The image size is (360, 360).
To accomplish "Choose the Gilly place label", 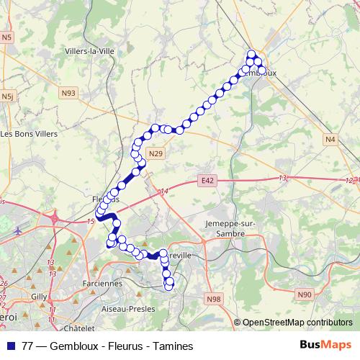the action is (39, 297).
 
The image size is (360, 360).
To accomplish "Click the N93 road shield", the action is (68, 93).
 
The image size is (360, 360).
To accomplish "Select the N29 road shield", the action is (156, 153).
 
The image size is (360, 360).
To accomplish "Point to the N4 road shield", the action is (330, 139).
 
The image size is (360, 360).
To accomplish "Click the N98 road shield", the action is (213, 297).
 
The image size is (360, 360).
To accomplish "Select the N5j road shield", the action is (7, 96).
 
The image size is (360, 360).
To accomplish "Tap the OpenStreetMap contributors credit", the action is (297, 323).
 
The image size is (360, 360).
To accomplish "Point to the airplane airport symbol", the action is (18, 232).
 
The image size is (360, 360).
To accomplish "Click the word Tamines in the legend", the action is (176, 346).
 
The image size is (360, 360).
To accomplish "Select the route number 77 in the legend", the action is (28, 346).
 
